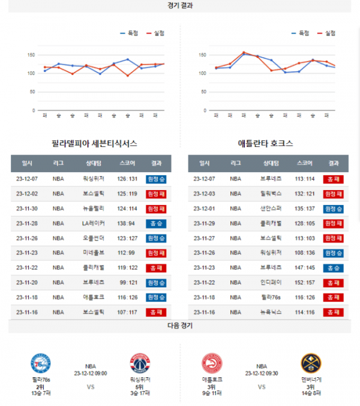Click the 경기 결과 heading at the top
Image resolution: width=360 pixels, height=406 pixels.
[180, 5]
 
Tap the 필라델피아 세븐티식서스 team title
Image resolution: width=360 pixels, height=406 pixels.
[95, 144]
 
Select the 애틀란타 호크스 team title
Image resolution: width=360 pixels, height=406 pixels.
[265, 144]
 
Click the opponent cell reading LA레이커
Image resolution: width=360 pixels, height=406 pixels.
[94, 223]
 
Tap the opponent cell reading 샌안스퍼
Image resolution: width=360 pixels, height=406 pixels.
[268, 208]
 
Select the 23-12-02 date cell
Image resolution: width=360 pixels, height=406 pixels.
[27, 194]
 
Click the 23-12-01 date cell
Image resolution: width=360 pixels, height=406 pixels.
[205, 208]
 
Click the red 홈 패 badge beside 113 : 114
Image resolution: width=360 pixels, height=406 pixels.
[333, 179]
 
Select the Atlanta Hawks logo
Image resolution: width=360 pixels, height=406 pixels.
[212, 364]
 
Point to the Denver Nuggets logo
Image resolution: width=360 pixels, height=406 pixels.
[311, 364]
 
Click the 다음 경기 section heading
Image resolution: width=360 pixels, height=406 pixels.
[180, 326]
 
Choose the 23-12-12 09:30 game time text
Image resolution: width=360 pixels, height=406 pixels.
[261, 373]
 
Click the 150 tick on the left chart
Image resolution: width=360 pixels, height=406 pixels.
[30, 55]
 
